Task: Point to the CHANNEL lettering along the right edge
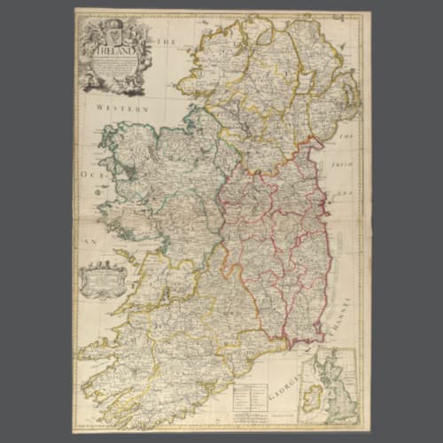point(350,323)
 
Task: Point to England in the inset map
point(340,399)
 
